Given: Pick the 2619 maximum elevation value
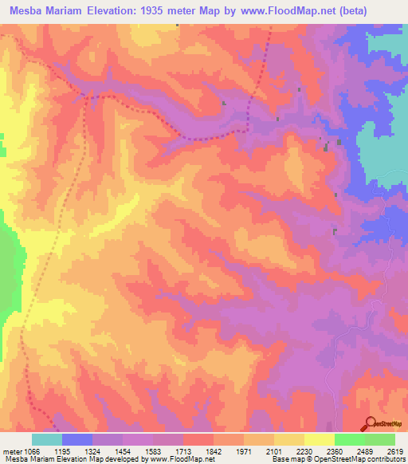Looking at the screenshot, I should click(396, 450).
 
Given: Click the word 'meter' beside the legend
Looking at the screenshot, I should click(10, 450).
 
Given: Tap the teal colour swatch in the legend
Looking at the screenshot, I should click(47, 439).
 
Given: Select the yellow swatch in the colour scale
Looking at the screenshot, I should click(319, 439).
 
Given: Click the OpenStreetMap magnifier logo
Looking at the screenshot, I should click(371, 423).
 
